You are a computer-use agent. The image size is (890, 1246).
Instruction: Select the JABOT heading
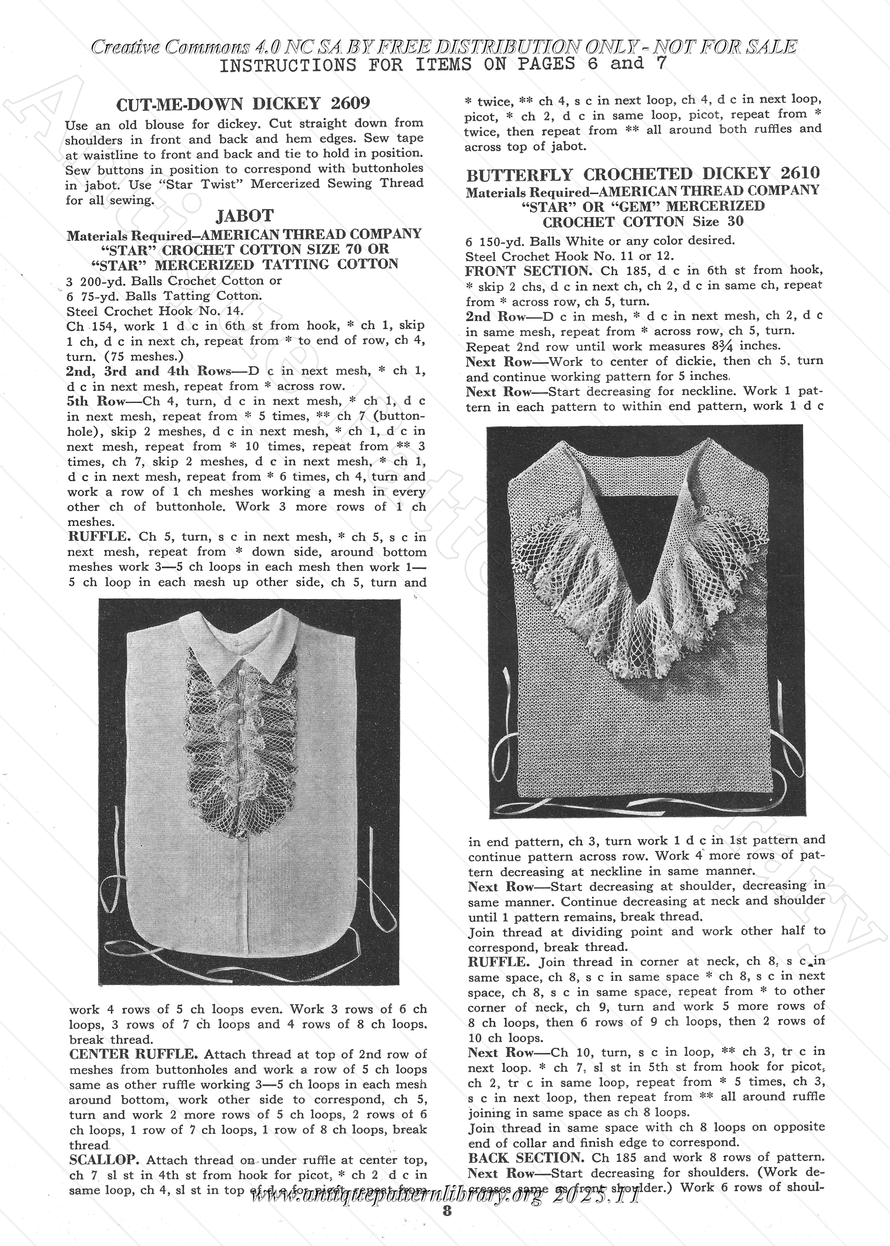pyautogui.click(x=244, y=216)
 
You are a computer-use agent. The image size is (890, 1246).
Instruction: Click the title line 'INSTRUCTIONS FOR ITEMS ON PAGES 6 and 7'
pyautogui.click(x=443, y=65)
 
